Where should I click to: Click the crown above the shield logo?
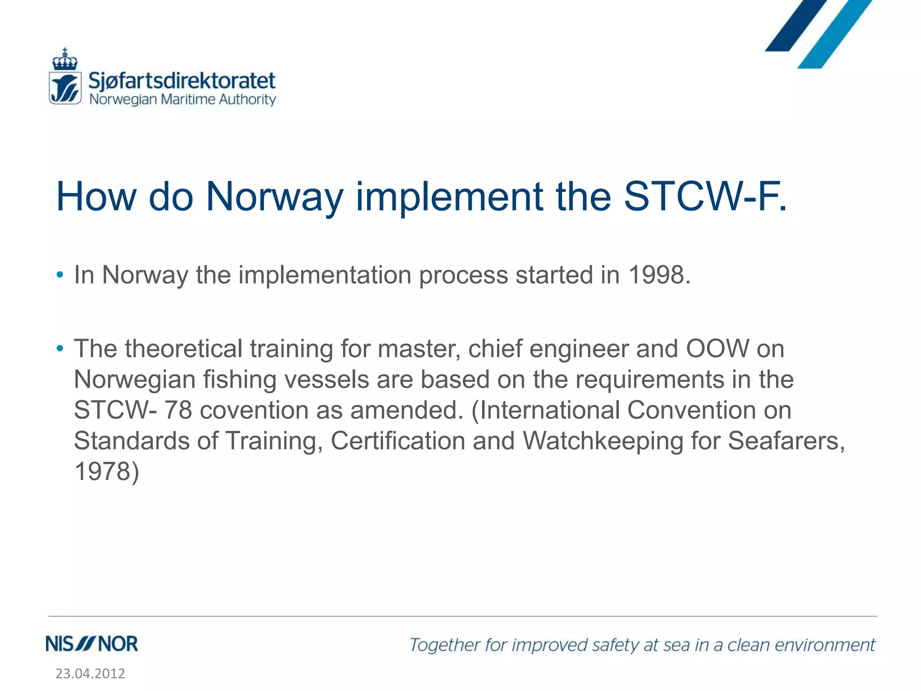(x=65, y=59)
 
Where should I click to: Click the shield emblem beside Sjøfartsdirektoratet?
(x=65, y=88)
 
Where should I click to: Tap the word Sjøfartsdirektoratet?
(x=182, y=81)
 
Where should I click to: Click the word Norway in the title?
(x=274, y=197)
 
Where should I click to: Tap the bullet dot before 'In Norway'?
(x=60, y=275)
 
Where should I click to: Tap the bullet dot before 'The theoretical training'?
(x=60, y=349)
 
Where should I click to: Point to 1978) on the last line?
(x=107, y=471)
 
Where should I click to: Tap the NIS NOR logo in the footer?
(x=92, y=644)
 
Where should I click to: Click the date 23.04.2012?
(x=90, y=673)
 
